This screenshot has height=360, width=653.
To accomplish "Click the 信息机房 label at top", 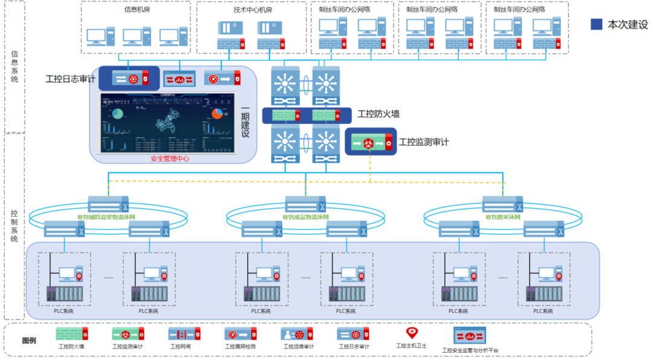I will tap(136, 10).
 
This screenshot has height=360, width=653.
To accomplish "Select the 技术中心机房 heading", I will tap(253, 10).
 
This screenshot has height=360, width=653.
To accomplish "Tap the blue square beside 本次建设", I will tap(596, 24).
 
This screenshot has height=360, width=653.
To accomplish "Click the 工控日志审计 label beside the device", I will tap(70, 79).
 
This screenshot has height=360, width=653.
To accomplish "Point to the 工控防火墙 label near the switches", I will tap(378, 114).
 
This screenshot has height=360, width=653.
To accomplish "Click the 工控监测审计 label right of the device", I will tap(424, 143).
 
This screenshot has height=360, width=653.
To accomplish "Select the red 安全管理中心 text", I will tap(170, 159).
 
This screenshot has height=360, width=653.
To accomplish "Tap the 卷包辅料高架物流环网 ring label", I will tap(106, 217).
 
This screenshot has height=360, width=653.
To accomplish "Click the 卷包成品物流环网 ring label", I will tap(305, 217).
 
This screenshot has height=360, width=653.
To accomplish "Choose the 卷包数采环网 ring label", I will tap(503, 217).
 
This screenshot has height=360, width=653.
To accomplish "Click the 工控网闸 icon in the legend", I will tap(184, 334).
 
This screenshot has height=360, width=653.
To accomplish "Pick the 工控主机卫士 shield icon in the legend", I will tap(412, 333).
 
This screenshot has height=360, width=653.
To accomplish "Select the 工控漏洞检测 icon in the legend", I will tap(241, 334).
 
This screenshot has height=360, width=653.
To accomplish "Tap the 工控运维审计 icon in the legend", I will tap(297, 334).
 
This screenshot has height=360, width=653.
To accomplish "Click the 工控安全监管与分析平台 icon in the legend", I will tap(470, 335).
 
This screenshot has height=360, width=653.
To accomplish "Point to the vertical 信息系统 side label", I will tap(15, 67).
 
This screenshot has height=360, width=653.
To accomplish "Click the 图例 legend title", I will tap(29, 340).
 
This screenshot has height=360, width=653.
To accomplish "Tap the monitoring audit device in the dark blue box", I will tap(370, 143).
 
